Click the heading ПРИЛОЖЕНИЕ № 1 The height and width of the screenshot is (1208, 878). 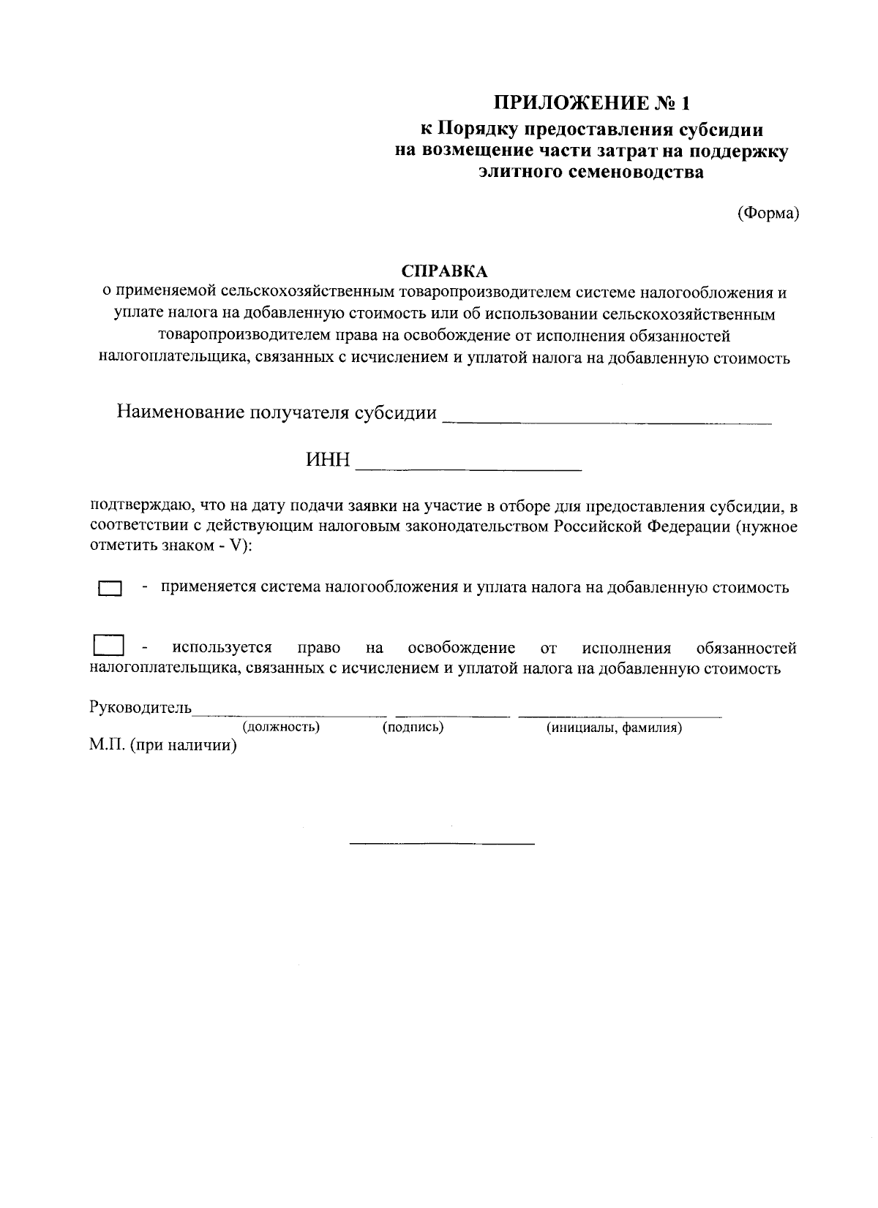point(591,102)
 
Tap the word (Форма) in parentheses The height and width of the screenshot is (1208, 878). point(767,213)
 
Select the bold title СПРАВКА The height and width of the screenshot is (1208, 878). point(445,271)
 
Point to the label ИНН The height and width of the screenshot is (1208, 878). point(329,461)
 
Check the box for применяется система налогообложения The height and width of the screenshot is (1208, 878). point(110,589)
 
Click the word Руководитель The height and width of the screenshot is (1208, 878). point(140,707)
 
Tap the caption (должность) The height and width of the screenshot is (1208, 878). point(281,728)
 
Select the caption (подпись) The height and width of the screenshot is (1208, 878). point(413,728)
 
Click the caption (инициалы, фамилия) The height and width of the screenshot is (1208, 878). point(615,728)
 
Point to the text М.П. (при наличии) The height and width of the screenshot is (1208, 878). point(163,747)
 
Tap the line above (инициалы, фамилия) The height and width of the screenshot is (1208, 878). point(620,714)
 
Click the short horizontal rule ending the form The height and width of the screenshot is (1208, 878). point(442,845)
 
